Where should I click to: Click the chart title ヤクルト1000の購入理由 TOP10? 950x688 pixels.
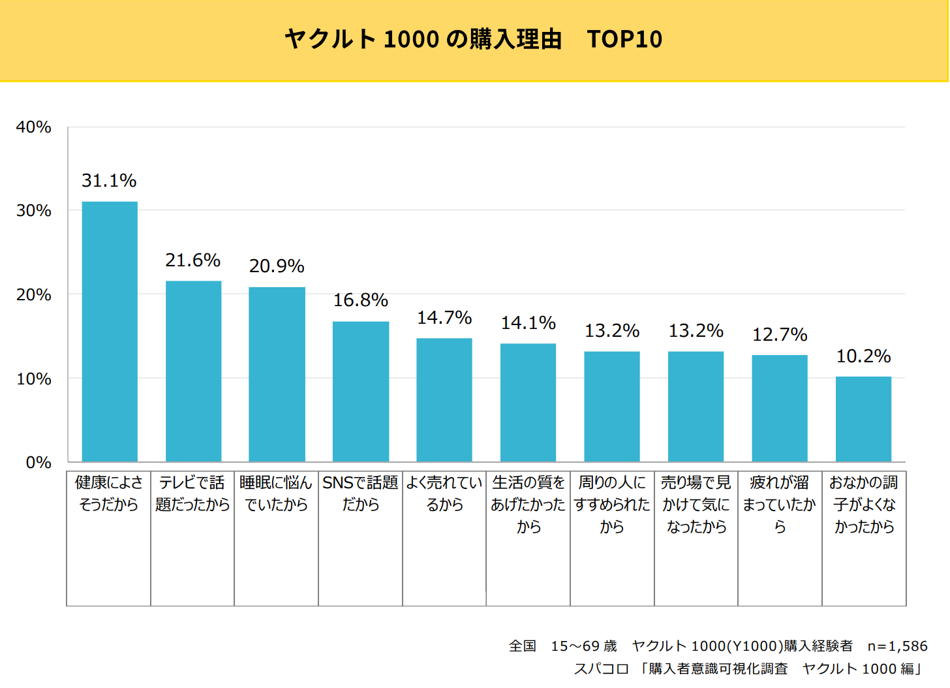click(x=473, y=39)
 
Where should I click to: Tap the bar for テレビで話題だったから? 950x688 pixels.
click(x=193, y=371)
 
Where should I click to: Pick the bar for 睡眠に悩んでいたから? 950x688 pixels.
click(x=277, y=375)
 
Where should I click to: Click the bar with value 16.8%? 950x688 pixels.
click(x=361, y=392)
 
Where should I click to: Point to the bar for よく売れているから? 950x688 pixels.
click(x=444, y=400)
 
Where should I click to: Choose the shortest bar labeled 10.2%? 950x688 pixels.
click(x=863, y=419)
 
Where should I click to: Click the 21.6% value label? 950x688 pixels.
click(x=192, y=260)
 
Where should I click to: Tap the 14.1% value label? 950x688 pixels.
click(x=528, y=323)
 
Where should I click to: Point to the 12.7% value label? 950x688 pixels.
click(x=780, y=335)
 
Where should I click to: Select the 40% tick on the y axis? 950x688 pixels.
click(x=34, y=127)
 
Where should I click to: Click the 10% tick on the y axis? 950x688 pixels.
click(x=34, y=379)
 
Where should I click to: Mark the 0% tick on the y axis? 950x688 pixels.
click(x=38, y=463)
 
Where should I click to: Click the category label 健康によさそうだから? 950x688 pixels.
click(x=109, y=493)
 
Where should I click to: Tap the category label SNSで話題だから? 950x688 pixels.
click(x=360, y=493)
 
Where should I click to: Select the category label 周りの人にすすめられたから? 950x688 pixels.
click(x=612, y=504)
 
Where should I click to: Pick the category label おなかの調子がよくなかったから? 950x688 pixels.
click(x=864, y=504)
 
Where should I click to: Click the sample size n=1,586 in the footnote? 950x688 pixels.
click(x=897, y=646)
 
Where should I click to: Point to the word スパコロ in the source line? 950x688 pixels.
click(x=601, y=669)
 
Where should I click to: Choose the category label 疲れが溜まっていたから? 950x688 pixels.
click(x=780, y=504)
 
